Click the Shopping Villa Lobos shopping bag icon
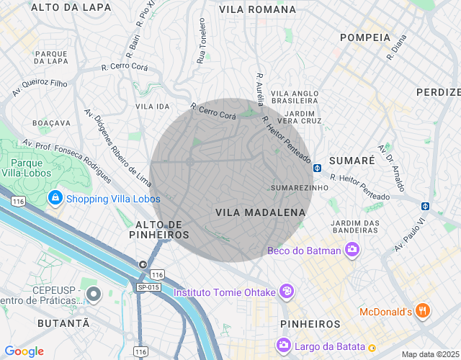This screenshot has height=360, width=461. (55, 198)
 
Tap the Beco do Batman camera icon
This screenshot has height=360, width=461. (352, 250)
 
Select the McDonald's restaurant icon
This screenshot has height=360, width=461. (423, 311)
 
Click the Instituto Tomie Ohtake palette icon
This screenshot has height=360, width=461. (287, 292)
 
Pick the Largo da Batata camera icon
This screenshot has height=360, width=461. (284, 345)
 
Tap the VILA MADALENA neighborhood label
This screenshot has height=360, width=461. (260, 212)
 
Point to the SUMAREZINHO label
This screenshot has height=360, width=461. (299, 188)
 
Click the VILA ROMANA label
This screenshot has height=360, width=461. (257, 9)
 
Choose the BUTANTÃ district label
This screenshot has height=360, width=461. (64, 323)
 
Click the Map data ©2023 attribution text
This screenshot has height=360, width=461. (429, 354)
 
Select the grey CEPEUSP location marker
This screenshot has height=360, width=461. (93, 294)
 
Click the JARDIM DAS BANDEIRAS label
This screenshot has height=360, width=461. (355, 227)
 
